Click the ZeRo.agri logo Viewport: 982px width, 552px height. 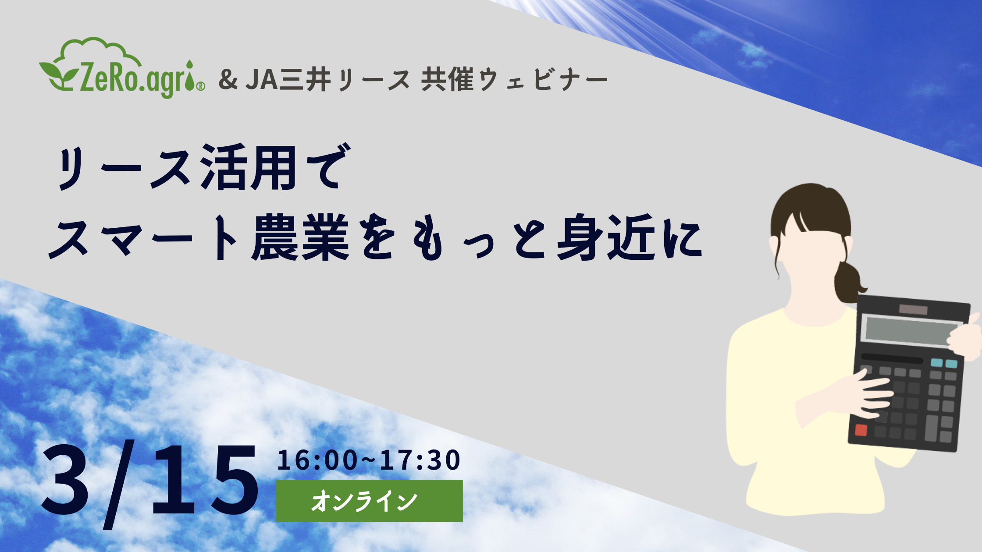[x=122, y=68]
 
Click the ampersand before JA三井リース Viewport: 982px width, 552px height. [x=228, y=80]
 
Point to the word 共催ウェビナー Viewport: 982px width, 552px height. [x=514, y=80]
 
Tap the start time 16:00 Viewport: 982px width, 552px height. [x=317, y=460]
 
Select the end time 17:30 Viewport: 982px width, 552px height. [x=420, y=460]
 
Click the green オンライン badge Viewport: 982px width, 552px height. [x=369, y=501]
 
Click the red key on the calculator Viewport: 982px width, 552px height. [x=861, y=430]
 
